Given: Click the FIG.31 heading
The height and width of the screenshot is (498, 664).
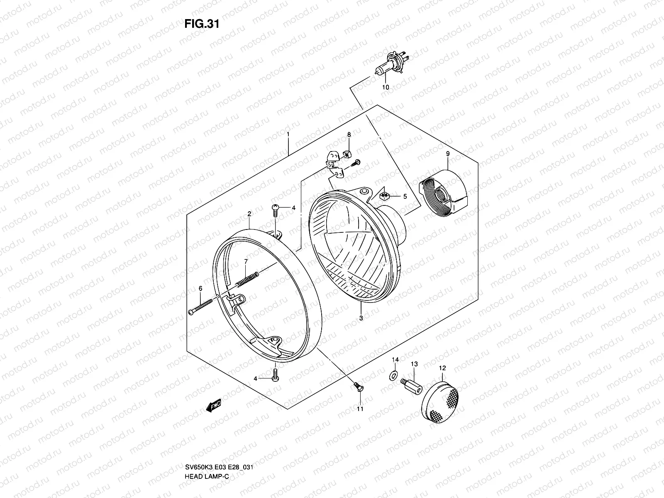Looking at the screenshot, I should [201, 24].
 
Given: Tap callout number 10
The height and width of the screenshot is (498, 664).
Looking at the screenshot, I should [385, 88].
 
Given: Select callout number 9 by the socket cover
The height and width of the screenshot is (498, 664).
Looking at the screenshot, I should [448, 154].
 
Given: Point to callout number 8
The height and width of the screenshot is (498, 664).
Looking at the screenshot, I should [349, 135].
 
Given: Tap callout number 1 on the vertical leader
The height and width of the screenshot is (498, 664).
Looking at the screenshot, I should [288, 135].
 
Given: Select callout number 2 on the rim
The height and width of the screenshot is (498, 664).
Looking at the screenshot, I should [249, 214].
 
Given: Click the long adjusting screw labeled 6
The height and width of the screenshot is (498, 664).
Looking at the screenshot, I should [202, 306].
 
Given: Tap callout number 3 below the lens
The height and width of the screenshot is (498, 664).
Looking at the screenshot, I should [361, 318].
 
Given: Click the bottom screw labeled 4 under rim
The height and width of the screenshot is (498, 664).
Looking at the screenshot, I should [276, 375].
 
